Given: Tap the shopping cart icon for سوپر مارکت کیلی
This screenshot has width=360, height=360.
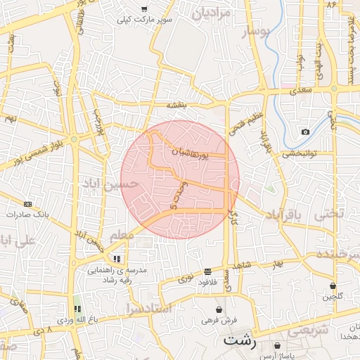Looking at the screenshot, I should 144,9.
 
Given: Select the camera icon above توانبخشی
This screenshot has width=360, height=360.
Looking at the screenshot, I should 305,132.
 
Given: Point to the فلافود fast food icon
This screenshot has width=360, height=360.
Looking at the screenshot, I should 207,271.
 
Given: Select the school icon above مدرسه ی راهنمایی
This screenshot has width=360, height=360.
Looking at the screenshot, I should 127,257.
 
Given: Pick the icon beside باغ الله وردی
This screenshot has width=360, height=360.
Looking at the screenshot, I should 77,308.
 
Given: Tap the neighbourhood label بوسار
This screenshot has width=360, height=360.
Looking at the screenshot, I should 255,32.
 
